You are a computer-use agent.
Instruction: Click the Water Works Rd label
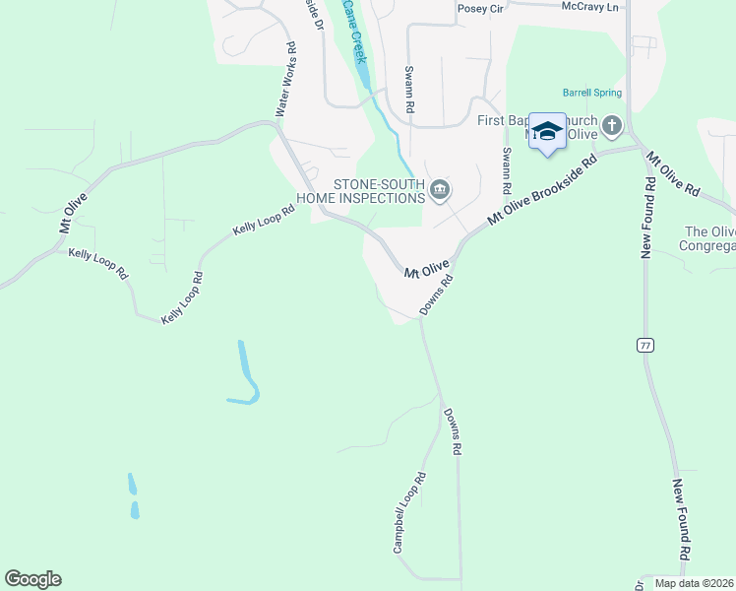(x=286, y=80)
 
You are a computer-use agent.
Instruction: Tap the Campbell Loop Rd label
(x=410, y=512)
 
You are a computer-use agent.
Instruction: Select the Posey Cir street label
(x=480, y=8)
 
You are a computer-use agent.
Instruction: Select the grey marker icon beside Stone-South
(x=440, y=190)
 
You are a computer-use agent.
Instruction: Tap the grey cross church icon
(x=612, y=125)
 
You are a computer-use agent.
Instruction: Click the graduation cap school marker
(x=547, y=131)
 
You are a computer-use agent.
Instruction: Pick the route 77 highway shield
(x=645, y=345)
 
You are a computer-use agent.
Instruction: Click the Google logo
(x=32, y=579)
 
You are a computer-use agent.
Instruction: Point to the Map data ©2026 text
(x=694, y=583)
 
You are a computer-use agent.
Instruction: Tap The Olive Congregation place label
(x=709, y=240)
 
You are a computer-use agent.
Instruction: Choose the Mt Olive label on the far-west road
(x=73, y=213)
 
